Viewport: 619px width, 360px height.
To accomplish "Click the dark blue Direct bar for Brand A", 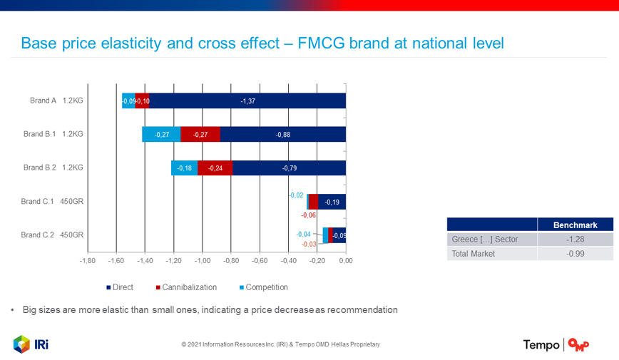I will pyautogui.click(x=247, y=101).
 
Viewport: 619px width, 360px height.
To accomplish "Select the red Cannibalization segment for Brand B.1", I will pyautogui.click(x=200, y=135).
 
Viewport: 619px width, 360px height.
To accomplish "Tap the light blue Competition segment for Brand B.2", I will pyautogui.click(x=185, y=168).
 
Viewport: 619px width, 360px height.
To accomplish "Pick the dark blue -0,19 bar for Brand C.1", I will pyautogui.click(x=332, y=202).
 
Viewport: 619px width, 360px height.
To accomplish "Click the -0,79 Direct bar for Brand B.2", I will pyautogui.click(x=290, y=168).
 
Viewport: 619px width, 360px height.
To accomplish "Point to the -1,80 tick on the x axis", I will pyautogui.click(x=87, y=260).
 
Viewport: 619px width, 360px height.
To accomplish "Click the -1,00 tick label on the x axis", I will pyautogui.click(x=202, y=260).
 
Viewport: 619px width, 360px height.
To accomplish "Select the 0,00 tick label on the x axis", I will pyautogui.click(x=345, y=260).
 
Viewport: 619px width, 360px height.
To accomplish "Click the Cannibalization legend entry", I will pyautogui.click(x=186, y=287).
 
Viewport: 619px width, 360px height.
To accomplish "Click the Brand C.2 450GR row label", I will pyautogui.click(x=52, y=235).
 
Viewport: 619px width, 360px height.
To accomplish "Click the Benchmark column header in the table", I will pyautogui.click(x=575, y=225).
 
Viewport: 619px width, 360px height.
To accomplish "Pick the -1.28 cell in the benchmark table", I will pyautogui.click(x=575, y=239).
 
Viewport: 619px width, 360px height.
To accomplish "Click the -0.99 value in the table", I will pyautogui.click(x=575, y=253).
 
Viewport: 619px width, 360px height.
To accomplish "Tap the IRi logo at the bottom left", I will pyautogui.click(x=31, y=344).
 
